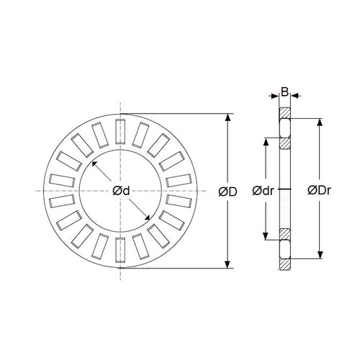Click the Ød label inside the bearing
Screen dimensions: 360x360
click(121, 191)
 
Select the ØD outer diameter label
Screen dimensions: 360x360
click(228, 192)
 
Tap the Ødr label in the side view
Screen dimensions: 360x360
click(262, 191)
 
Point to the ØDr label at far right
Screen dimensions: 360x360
click(319, 191)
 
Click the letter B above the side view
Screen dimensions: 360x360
click(284, 92)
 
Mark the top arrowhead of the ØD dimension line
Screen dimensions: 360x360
click(228, 116)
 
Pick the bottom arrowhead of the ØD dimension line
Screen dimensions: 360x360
click(228, 265)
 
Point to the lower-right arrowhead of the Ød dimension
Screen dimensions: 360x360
click(148, 217)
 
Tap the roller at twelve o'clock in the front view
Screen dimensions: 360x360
click(120, 132)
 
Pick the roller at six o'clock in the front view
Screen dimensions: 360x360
click(120, 249)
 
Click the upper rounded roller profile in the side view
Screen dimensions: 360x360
click(284, 128)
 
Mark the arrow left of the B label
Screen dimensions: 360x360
click(274, 96)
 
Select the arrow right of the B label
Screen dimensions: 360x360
click(295, 96)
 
